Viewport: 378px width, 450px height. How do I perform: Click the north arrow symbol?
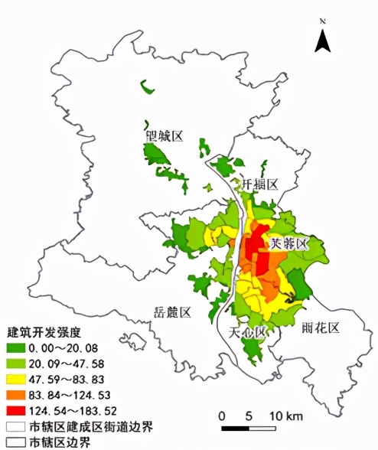[x=324, y=39]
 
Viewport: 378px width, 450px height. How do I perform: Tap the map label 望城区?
[x=165, y=136]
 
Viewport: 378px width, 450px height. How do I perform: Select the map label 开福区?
[x=259, y=184]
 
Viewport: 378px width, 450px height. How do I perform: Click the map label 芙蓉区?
[x=288, y=243]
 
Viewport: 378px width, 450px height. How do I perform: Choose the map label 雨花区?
[x=321, y=327]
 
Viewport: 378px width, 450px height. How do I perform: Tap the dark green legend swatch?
[x=15, y=349]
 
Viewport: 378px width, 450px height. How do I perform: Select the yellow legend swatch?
[x=15, y=380]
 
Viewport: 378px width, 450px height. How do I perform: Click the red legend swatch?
[x=15, y=410]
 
